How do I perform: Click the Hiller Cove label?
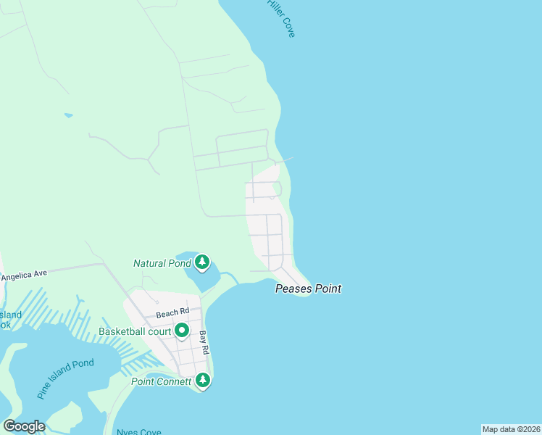pyautogui.click(x=281, y=18)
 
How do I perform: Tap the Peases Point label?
pyautogui.click(x=308, y=289)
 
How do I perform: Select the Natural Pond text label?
pyautogui.click(x=162, y=263)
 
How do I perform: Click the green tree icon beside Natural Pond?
pyautogui.click(x=202, y=262)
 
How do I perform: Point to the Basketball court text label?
pyautogui.click(x=135, y=332)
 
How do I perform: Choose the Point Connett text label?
pyautogui.click(x=161, y=381)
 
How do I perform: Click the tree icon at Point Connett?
pyautogui.click(x=204, y=380)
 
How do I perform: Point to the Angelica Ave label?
pyautogui.click(x=23, y=275)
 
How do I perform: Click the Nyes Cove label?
pyautogui.click(x=138, y=432)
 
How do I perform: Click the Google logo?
pyautogui.click(x=24, y=426)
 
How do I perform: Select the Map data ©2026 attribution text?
pyautogui.click(x=511, y=429)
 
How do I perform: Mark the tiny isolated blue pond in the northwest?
pyautogui.click(x=68, y=115)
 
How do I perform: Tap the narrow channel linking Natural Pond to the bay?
pyautogui.click(x=230, y=277)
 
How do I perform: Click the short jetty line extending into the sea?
pyautogui.click(x=287, y=159)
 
